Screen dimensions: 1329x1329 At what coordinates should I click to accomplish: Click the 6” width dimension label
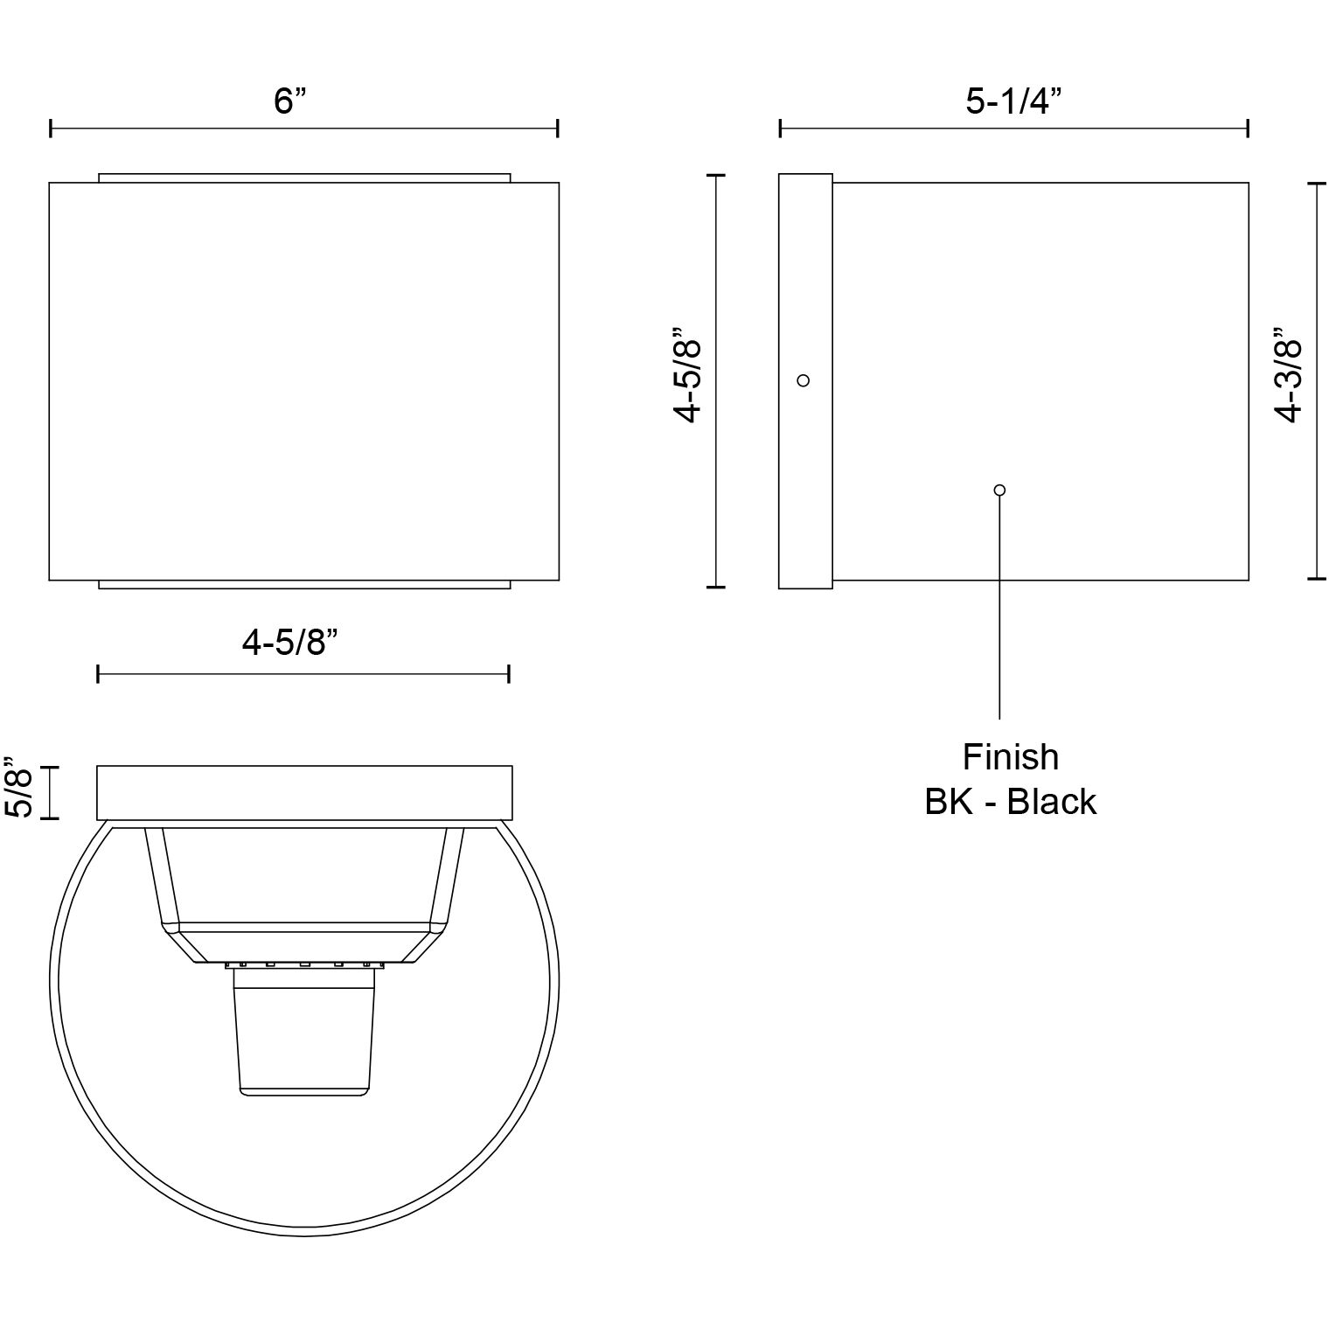coord(290,101)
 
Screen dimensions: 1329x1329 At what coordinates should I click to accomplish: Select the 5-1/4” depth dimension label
coord(1013,101)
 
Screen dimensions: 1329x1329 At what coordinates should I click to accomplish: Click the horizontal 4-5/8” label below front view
coord(289,644)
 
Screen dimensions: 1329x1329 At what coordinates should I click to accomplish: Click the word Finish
coord(1010,757)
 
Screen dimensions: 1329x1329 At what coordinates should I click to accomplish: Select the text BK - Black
coord(1010,802)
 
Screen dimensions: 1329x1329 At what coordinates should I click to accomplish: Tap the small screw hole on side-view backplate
coord(804,380)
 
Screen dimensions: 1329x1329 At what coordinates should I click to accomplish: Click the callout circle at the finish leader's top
coord(1000,490)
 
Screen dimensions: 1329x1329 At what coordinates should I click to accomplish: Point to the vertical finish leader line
coord(1000,612)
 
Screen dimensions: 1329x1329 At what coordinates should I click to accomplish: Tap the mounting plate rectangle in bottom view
coord(304,793)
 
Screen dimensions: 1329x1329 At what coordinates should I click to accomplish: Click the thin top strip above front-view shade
coord(304,178)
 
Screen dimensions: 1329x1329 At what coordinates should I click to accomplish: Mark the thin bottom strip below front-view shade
coord(304,584)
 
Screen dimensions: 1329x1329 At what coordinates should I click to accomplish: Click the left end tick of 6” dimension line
coord(52,129)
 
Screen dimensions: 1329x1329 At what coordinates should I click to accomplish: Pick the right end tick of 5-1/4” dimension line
coord(1248,129)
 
